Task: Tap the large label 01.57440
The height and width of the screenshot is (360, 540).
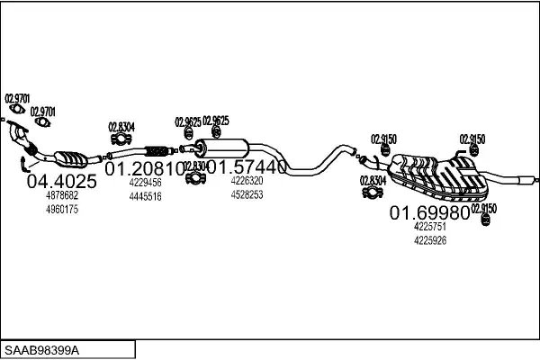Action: [247, 167]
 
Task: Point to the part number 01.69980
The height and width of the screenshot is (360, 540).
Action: [429, 213]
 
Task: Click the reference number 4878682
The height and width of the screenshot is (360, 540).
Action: [61, 195]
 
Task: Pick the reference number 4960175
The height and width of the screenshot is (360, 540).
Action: [61, 209]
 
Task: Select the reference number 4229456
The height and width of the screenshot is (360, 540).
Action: [145, 182]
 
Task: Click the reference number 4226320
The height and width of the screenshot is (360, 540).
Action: [247, 180]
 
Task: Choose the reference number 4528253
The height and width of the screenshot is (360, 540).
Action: [247, 193]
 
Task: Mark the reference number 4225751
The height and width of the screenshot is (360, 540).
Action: [430, 228]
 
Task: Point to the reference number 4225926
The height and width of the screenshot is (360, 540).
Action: [430, 240]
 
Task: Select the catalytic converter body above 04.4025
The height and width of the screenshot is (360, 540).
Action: [69, 158]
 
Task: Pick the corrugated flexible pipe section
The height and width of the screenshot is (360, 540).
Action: [158, 148]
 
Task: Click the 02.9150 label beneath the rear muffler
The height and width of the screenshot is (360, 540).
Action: [483, 208]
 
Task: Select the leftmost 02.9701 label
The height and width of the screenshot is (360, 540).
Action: [17, 98]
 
